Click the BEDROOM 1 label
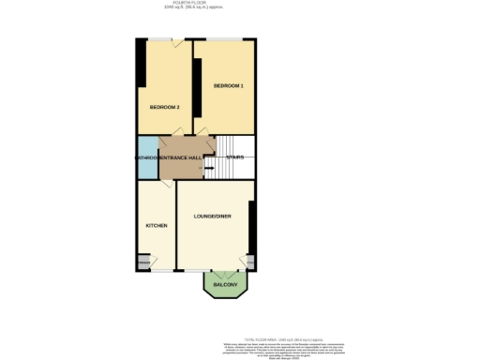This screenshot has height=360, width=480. [228, 86]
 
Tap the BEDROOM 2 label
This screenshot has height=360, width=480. [165, 107]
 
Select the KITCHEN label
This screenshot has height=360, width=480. [156, 227]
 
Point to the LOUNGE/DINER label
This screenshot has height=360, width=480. [213, 217]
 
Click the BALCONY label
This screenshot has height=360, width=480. [226, 284]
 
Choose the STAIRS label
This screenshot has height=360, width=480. [235, 157]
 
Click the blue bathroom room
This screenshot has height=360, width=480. [147, 157]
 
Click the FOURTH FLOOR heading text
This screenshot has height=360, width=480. [241, 5]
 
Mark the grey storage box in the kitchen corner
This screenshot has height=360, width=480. [143, 262]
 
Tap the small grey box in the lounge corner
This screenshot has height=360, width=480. [251, 261]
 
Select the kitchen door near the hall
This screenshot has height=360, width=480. [164, 185]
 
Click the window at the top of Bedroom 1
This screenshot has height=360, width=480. [225, 38]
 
